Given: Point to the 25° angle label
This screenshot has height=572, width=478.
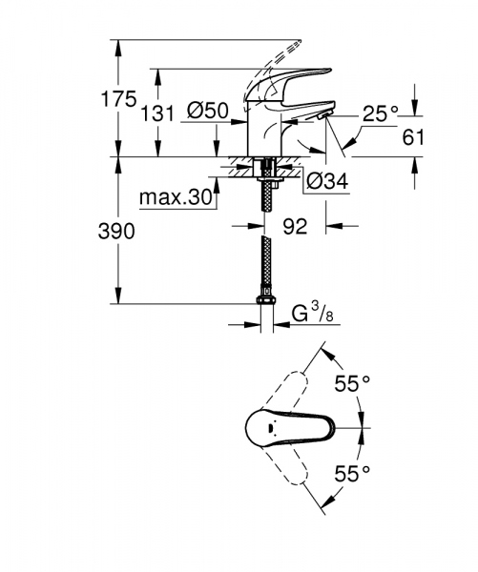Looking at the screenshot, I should click(x=380, y=113).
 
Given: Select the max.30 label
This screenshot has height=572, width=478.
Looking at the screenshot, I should click(x=174, y=198).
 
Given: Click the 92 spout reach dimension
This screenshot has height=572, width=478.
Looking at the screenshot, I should click(x=294, y=228).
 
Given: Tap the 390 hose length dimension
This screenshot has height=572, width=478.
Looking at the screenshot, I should click(x=114, y=231).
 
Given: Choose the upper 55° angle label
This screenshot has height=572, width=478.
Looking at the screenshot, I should click(x=352, y=385).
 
